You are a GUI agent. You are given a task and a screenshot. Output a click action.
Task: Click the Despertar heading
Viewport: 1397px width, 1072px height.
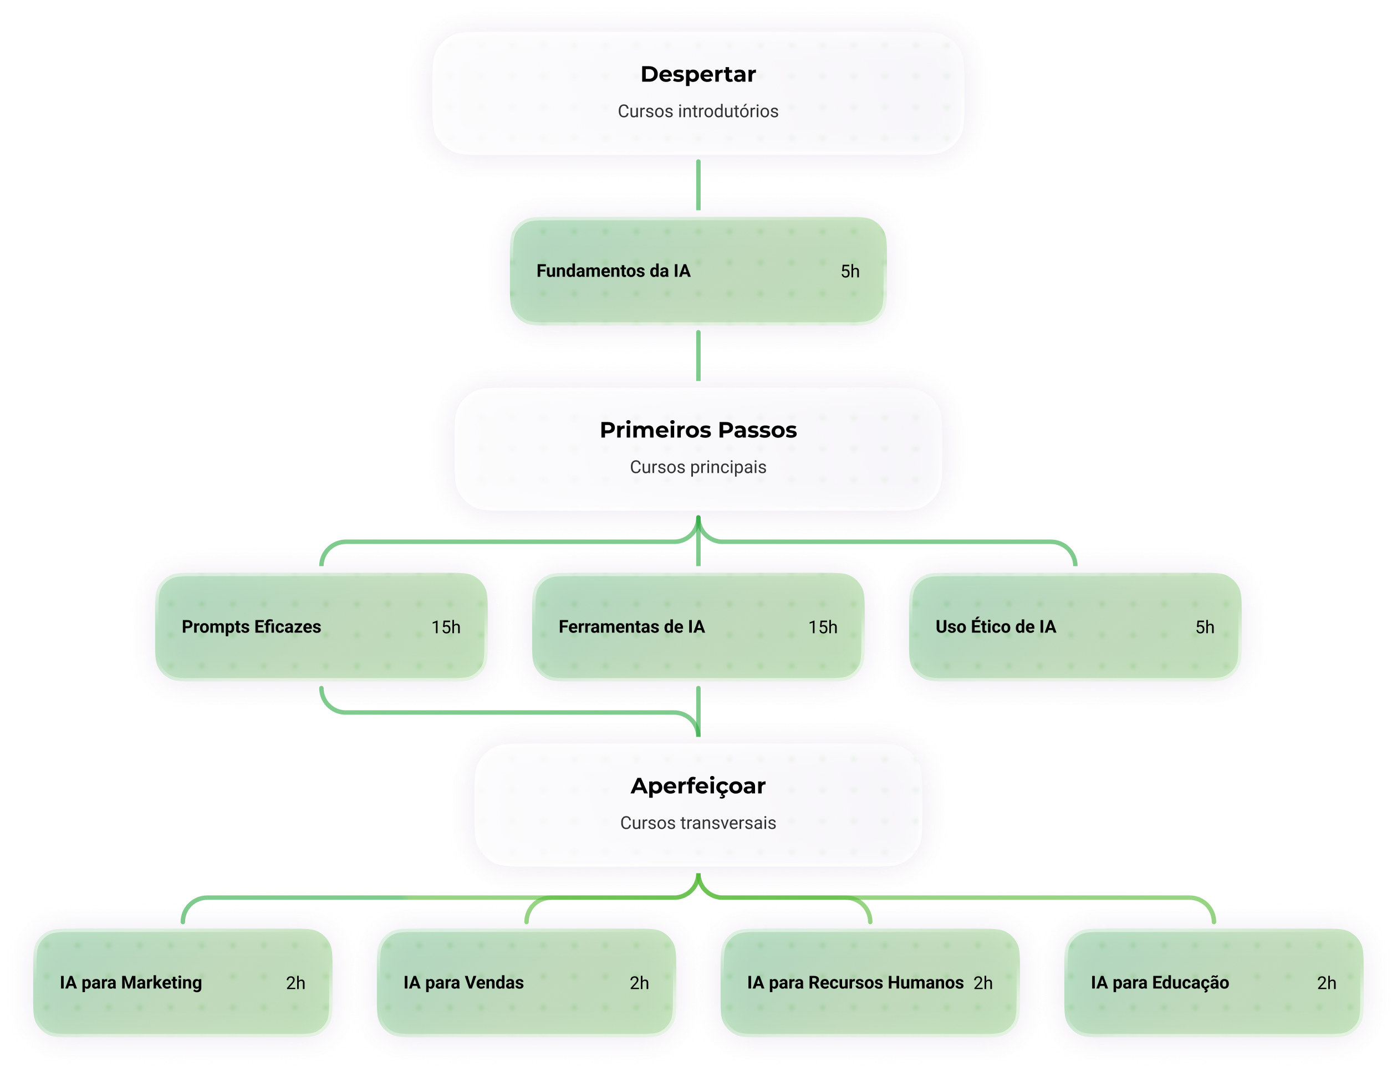[697, 74]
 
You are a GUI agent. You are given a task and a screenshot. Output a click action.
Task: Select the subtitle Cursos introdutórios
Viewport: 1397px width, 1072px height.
[697, 111]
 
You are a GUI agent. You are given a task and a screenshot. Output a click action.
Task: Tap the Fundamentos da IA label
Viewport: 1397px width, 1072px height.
[613, 271]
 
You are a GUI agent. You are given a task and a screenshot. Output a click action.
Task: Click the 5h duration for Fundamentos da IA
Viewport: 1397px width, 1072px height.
[849, 272]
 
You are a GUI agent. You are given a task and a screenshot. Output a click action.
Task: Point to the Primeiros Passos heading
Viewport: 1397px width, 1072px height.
[697, 430]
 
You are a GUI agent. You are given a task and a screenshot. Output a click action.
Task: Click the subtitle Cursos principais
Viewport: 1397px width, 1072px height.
[697, 467]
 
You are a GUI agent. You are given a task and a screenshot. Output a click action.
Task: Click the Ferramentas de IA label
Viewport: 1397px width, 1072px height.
[631, 626]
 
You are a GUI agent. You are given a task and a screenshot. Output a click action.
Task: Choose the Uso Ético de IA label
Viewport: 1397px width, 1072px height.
[995, 626]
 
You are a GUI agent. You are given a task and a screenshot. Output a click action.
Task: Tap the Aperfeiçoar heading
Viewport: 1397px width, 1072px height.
[697, 785]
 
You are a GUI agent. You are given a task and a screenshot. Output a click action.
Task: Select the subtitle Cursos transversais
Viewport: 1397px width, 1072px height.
[697, 823]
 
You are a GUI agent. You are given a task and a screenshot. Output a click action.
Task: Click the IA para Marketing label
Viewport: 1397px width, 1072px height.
[130, 983]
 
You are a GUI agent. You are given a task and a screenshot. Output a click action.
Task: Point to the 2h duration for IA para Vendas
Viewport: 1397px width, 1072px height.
[639, 983]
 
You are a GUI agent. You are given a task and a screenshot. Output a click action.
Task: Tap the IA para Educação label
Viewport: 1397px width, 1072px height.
[1159, 983]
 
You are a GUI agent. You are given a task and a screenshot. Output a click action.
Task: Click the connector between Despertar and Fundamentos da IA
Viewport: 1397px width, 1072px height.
[697, 185]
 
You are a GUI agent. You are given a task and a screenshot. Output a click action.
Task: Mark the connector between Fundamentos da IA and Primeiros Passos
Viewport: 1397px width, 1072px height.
[697, 356]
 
